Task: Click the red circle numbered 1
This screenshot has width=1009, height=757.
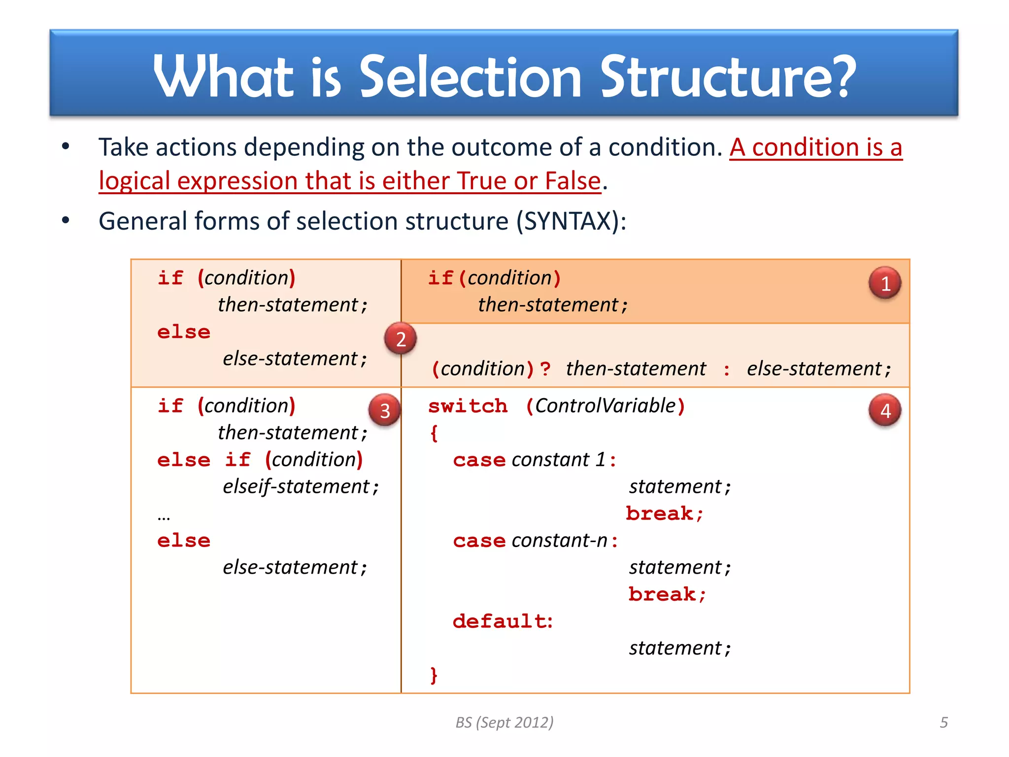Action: point(885,283)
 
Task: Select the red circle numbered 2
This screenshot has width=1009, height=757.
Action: point(401,339)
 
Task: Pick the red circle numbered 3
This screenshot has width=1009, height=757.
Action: point(385,410)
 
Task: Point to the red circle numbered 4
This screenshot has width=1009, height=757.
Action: point(885,410)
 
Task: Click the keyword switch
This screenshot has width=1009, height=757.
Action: point(468,406)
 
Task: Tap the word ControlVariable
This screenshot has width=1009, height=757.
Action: point(605,406)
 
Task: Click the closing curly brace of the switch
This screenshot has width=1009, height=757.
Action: point(434,675)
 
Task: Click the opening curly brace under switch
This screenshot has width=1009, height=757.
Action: point(434,434)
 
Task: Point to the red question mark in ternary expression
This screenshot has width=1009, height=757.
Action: point(545,369)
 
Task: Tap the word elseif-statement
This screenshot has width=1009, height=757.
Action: point(296,486)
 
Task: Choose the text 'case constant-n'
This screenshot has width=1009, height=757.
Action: point(535,541)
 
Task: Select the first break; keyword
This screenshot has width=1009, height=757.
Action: point(664,514)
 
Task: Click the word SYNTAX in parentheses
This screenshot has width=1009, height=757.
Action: point(568,221)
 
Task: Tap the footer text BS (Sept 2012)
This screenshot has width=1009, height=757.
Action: point(504,722)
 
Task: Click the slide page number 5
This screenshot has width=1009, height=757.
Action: point(943,722)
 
